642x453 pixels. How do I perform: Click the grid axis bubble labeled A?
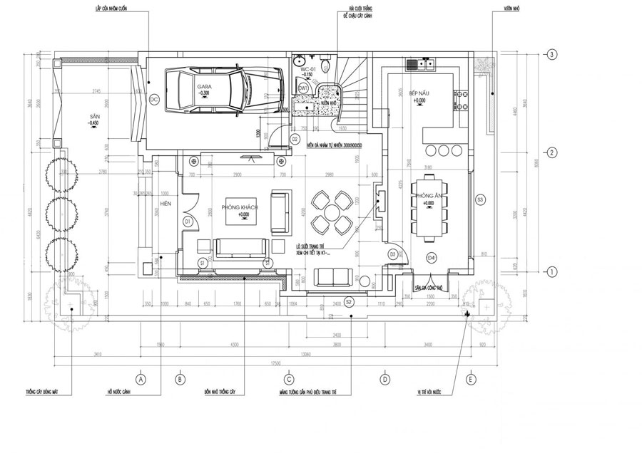click(141, 379)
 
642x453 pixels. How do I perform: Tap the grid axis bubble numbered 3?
click(551, 55)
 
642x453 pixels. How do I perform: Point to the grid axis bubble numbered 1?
click(551, 271)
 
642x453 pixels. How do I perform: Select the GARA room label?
click(204, 86)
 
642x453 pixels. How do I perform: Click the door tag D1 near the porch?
click(188, 222)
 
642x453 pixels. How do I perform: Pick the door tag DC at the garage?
click(153, 100)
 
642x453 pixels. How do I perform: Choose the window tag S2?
click(349, 301)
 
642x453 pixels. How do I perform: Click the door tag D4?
click(431, 256)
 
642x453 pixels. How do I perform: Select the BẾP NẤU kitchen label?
click(419, 95)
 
